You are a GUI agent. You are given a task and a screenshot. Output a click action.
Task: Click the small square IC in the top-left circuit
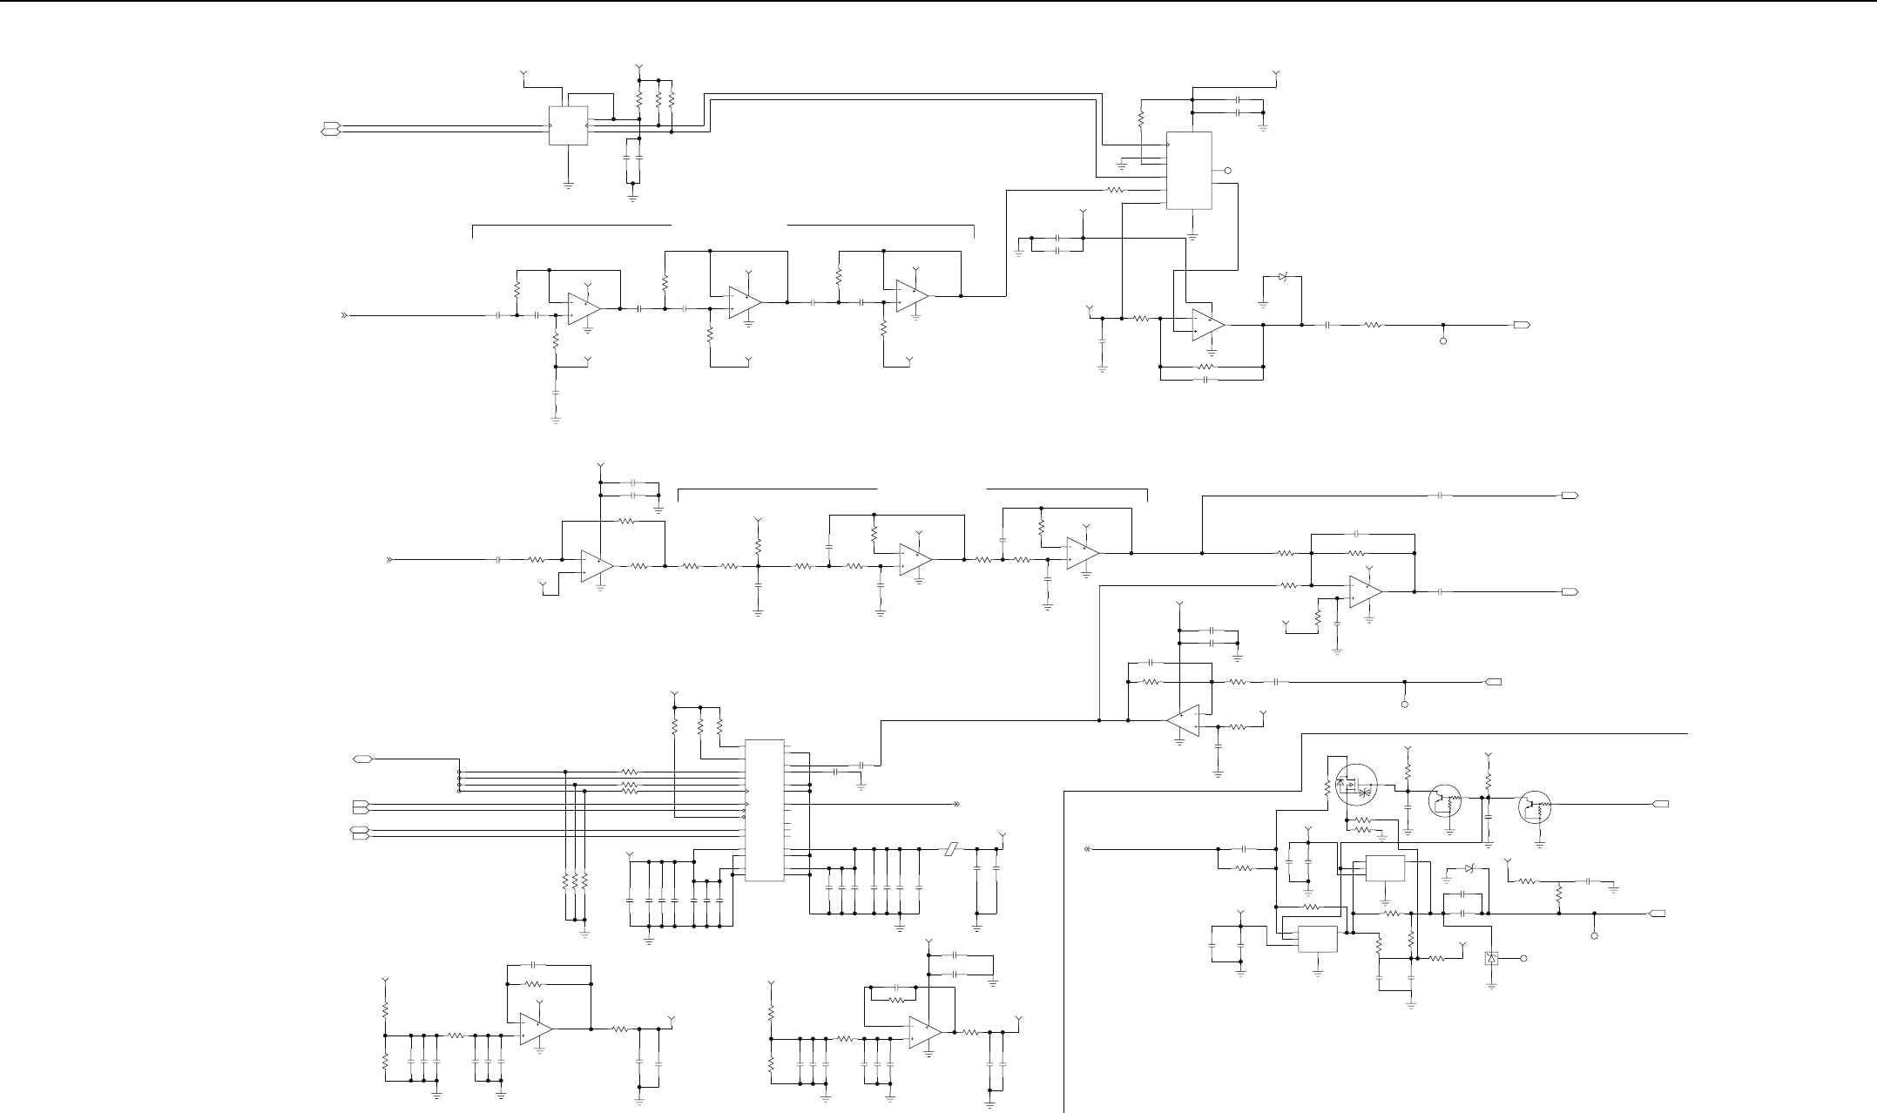(x=567, y=126)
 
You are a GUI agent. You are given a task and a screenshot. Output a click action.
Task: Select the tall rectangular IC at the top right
(x=1189, y=171)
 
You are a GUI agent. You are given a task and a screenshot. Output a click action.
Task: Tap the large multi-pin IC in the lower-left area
(x=765, y=810)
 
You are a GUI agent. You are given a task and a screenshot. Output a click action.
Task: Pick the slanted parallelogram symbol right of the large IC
(x=952, y=848)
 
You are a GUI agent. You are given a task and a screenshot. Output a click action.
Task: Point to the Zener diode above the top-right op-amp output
(x=1282, y=277)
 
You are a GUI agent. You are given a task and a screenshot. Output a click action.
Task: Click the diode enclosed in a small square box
(x=1492, y=959)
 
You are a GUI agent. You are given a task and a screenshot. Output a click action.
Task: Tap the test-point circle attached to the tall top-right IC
(x=1228, y=171)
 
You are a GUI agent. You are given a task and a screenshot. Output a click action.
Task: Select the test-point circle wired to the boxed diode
(x=1524, y=959)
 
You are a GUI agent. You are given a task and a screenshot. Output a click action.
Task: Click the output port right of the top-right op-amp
(x=1521, y=325)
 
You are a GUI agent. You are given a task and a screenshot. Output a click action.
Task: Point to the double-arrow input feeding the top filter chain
(x=344, y=315)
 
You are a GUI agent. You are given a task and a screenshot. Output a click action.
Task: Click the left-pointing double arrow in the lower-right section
(x=1088, y=848)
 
